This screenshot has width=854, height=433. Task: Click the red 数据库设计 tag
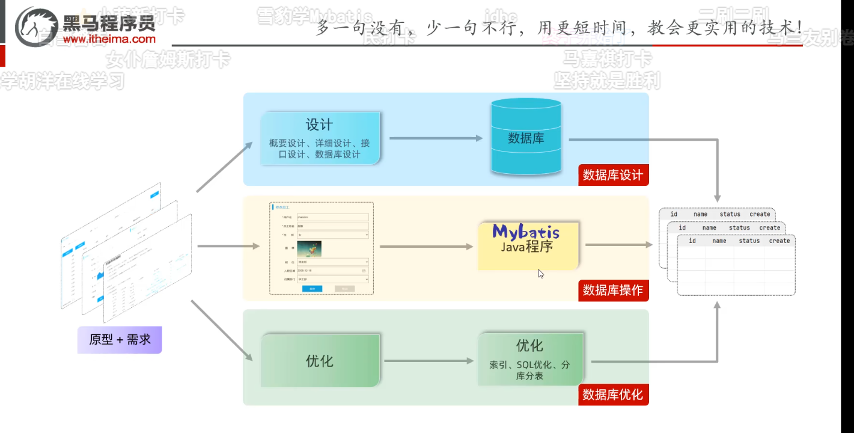(613, 175)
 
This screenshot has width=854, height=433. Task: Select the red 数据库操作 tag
(613, 290)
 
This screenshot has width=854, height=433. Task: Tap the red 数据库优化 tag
(613, 395)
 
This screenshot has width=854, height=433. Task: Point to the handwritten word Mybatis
(526, 232)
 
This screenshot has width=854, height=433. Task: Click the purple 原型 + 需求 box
(120, 340)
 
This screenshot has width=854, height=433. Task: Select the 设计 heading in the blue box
(319, 124)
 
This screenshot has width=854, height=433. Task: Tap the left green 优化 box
(320, 361)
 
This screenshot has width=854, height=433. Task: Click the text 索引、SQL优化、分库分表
(529, 370)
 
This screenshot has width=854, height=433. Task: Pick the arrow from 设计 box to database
(436, 138)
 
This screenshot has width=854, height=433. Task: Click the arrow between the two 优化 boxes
(429, 361)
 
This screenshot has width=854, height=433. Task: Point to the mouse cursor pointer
(540, 273)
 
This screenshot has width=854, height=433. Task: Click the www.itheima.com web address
(109, 39)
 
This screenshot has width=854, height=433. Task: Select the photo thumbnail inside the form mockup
(309, 248)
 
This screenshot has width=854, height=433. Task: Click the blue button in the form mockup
(312, 289)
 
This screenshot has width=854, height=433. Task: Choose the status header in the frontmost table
(749, 241)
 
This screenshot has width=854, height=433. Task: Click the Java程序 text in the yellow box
(526, 247)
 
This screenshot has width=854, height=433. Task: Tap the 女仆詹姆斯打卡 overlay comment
(168, 60)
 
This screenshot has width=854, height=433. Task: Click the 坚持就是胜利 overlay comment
(607, 79)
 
